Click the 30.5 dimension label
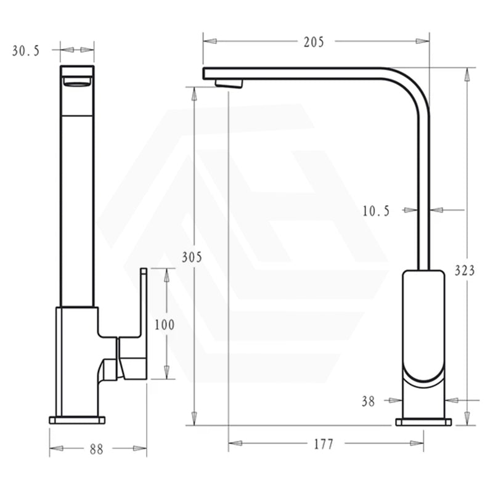point(26,51)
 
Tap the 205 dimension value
point(314,42)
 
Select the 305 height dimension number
point(192,258)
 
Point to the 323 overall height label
point(465,271)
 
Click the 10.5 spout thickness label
point(376,211)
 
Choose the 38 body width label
point(368,402)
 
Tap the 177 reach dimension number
point(324,444)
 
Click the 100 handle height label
point(165,325)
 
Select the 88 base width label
point(96,449)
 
